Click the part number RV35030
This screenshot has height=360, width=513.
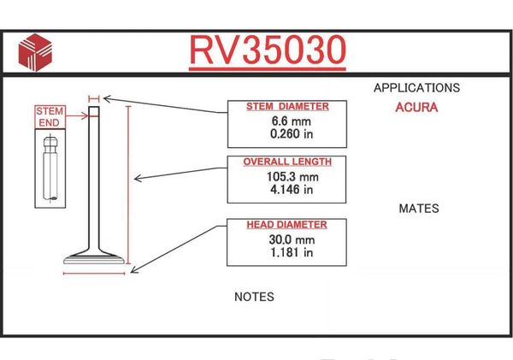click(268, 50)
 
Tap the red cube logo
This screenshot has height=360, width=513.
click(35, 52)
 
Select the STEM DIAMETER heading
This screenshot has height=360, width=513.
click(287, 107)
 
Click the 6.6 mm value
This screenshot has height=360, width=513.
click(292, 121)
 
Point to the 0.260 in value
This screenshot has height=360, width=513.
click(292, 134)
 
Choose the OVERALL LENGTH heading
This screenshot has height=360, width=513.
click(287, 162)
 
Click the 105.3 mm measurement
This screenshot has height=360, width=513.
click(292, 177)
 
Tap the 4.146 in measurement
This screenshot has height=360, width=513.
click(292, 190)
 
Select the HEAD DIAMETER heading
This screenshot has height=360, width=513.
click(286, 225)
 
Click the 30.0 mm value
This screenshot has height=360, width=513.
click(292, 240)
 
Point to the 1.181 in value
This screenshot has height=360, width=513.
click(292, 252)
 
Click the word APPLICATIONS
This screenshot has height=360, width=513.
click(417, 88)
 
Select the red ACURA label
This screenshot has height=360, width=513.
click(416, 108)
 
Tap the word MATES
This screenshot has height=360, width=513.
click(419, 209)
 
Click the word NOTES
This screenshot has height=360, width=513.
click(254, 297)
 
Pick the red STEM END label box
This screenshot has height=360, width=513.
click(50, 117)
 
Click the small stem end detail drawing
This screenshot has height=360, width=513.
click(50, 168)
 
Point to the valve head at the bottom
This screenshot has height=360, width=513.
click(94, 258)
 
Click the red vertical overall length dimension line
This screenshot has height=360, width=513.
click(128, 185)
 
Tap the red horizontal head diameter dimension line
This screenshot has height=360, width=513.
click(94, 274)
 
